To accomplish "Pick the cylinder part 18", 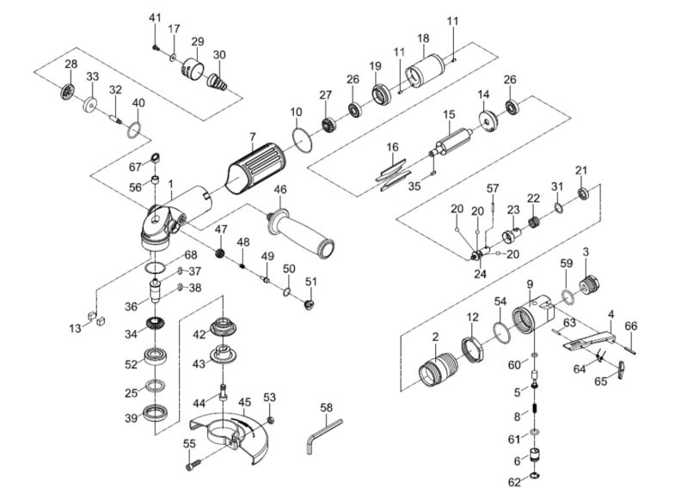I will [423, 70].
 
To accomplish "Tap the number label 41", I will [155, 18].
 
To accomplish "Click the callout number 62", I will [513, 482].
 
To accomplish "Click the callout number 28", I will [71, 64].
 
